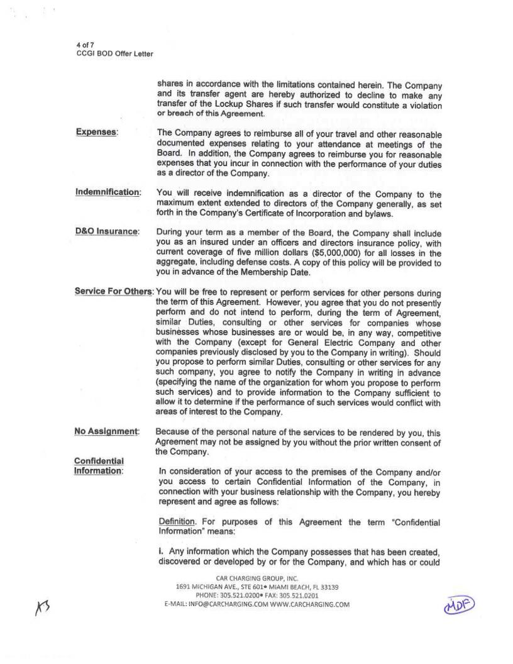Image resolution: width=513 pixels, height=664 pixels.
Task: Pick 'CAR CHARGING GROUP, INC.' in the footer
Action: coord(257,578)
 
